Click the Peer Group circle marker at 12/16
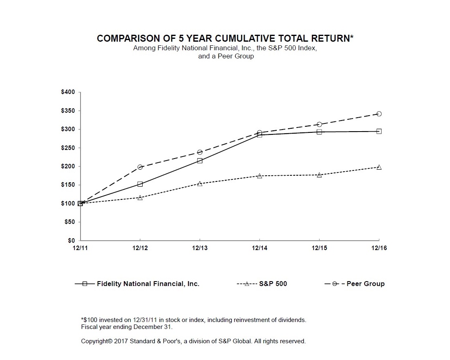click(379, 114)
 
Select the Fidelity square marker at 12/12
click(140, 184)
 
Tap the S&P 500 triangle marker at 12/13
click(200, 183)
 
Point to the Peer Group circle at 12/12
click(140, 167)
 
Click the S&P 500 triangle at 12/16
click(379, 167)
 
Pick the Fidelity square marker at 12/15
click(319, 132)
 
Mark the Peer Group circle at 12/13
click(200, 152)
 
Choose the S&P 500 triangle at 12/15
click(319, 174)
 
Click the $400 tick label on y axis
click(68, 92)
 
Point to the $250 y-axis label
click(68, 148)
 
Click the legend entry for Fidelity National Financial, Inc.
click(148, 284)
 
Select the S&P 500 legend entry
click(273, 284)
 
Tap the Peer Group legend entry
click(365, 284)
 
